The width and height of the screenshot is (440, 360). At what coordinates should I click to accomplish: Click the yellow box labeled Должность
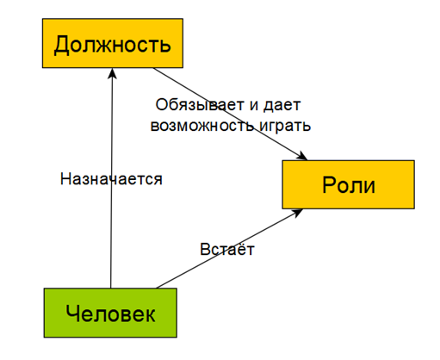tap(111, 43)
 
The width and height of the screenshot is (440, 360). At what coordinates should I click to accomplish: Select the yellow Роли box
tap(349, 184)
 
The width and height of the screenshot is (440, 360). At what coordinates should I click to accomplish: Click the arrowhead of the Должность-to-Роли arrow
tap(303, 157)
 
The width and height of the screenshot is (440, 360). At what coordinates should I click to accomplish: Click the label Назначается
tap(111, 179)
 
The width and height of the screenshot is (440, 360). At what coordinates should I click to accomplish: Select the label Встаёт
tap(227, 249)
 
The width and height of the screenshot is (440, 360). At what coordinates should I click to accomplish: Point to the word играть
tap(282, 125)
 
